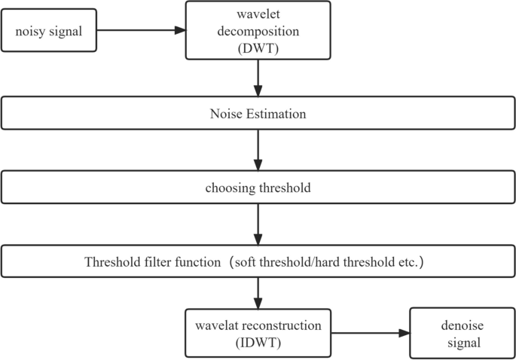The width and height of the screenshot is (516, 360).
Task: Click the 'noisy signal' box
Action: click(x=49, y=31)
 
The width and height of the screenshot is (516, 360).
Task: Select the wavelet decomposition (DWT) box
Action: click(x=258, y=30)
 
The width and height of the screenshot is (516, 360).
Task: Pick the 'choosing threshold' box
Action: click(x=258, y=188)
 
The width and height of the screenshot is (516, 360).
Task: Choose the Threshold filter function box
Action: click(x=258, y=261)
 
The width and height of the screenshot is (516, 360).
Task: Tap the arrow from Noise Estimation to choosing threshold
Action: click(x=258, y=151)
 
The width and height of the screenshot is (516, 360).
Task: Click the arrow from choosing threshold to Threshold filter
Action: click(x=258, y=224)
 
